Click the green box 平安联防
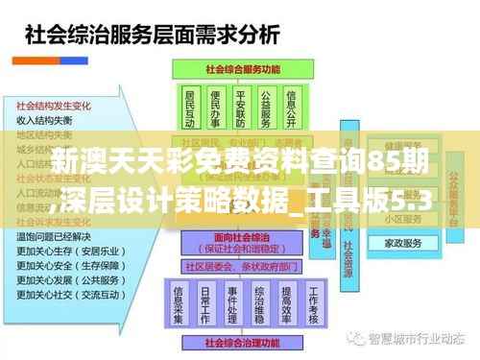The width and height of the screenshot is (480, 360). pyautogui.click(x=240, y=108)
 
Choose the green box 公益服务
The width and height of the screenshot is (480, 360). pyautogui.click(x=266, y=108)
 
